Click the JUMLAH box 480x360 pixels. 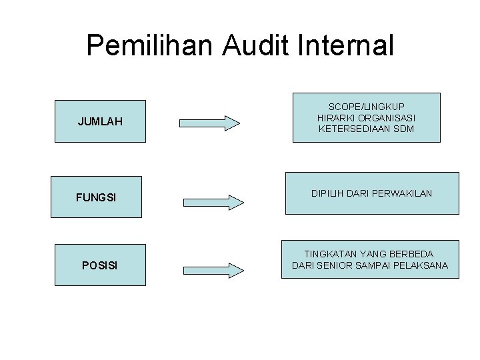99,121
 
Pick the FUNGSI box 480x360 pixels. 96,198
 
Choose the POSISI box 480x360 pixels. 99,265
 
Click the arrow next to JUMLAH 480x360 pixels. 210,123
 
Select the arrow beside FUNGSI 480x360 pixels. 214,201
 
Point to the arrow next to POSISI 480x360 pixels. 214,269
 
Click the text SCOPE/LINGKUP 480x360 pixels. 366,107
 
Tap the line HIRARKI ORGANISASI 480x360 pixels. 366,117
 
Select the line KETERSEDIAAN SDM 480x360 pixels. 366,128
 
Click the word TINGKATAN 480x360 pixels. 331,254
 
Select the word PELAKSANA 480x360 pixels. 421,266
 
